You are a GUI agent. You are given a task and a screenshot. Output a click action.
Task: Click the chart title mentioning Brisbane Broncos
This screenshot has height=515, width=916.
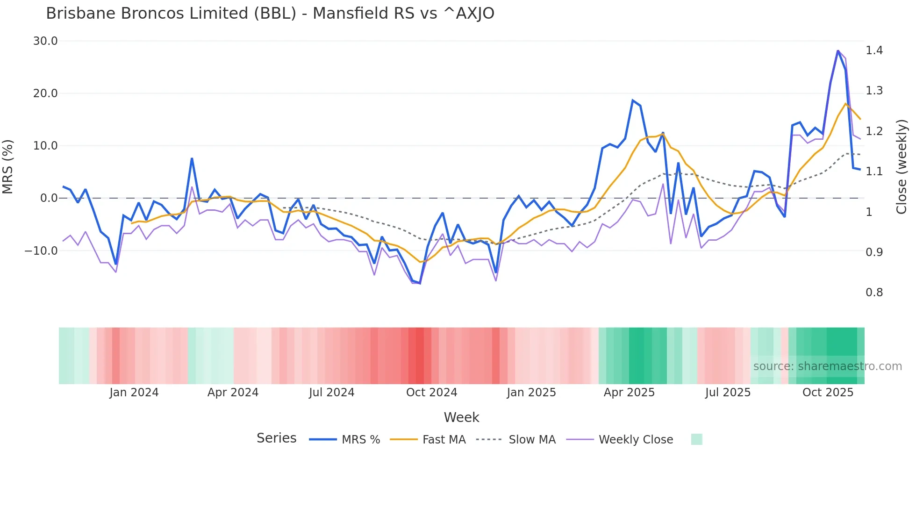pyautogui.click(x=270, y=14)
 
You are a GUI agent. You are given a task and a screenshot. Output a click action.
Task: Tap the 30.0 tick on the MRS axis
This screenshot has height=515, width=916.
pyautogui.click(x=45, y=41)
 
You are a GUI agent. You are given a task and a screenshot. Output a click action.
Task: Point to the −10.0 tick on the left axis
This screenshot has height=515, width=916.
pyautogui.click(x=41, y=250)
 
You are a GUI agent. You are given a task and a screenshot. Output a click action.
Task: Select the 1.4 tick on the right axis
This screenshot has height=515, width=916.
pyautogui.click(x=874, y=50)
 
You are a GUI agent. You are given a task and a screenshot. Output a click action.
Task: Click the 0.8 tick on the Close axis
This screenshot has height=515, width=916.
pyautogui.click(x=874, y=293)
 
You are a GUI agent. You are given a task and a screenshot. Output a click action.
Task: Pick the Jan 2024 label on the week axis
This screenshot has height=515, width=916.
pyautogui.click(x=134, y=393)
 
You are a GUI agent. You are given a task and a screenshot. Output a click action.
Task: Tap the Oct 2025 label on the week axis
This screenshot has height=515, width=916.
pyautogui.click(x=828, y=393)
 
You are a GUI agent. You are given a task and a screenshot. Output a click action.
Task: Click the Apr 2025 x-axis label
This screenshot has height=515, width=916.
pyautogui.click(x=629, y=393)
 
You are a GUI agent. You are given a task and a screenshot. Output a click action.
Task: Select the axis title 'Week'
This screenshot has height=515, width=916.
pyautogui.click(x=461, y=417)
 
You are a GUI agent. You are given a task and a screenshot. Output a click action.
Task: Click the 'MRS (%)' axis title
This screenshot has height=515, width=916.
pyautogui.click(x=8, y=166)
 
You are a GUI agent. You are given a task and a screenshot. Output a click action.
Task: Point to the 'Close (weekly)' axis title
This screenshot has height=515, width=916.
pyautogui.click(x=902, y=166)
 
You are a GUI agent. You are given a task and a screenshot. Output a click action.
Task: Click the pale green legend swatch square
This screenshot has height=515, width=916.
pyautogui.click(x=696, y=439)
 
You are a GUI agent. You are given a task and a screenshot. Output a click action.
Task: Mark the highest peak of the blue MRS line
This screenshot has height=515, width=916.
pyautogui.click(x=838, y=50)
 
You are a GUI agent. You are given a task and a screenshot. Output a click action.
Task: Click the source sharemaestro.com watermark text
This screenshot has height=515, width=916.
pyautogui.click(x=827, y=366)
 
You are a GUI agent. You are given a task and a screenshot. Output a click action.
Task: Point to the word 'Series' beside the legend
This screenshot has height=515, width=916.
pyautogui.click(x=276, y=438)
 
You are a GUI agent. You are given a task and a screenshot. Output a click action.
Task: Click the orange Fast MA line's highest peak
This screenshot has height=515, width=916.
pyautogui.click(x=846, y=104)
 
